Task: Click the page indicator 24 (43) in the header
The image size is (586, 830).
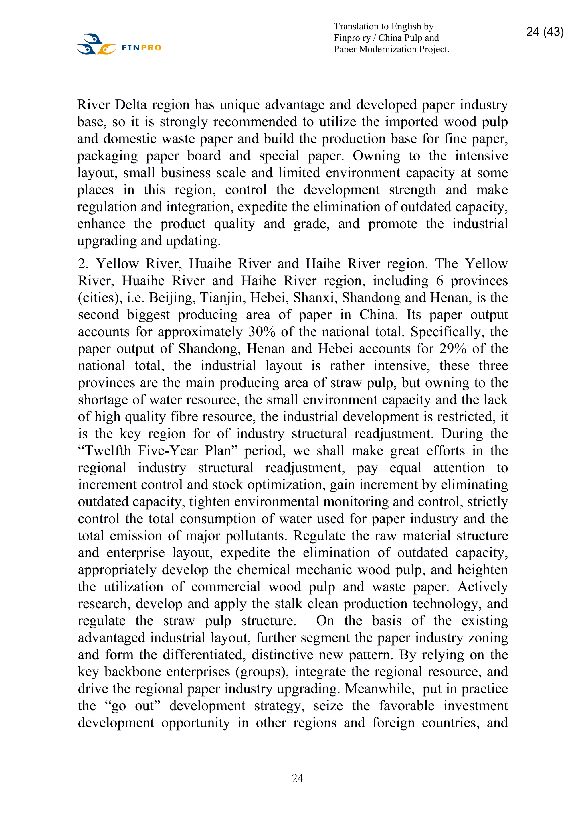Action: point(545,32)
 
